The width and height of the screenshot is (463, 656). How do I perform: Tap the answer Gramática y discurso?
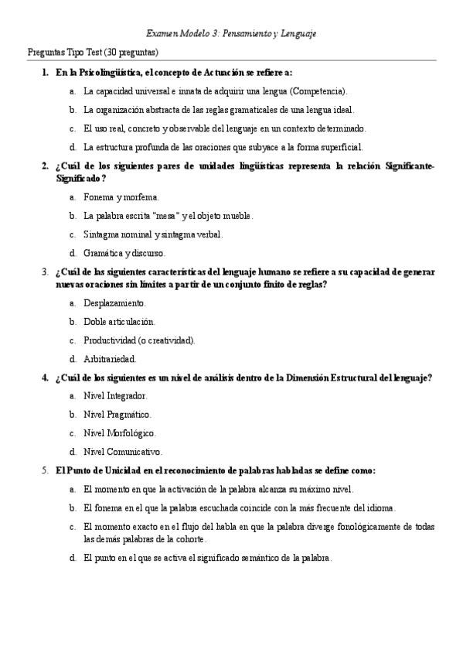click(x=124, y=253)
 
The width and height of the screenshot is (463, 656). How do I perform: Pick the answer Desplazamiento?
click(x=114, y=303)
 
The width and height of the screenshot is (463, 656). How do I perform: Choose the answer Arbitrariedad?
click(x=110, y=359)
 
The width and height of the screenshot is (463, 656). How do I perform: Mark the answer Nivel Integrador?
click(x=115, y=396)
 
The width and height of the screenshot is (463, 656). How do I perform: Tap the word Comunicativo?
click(x=134, y=452)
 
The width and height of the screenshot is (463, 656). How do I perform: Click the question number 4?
click(x=44, y=378)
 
